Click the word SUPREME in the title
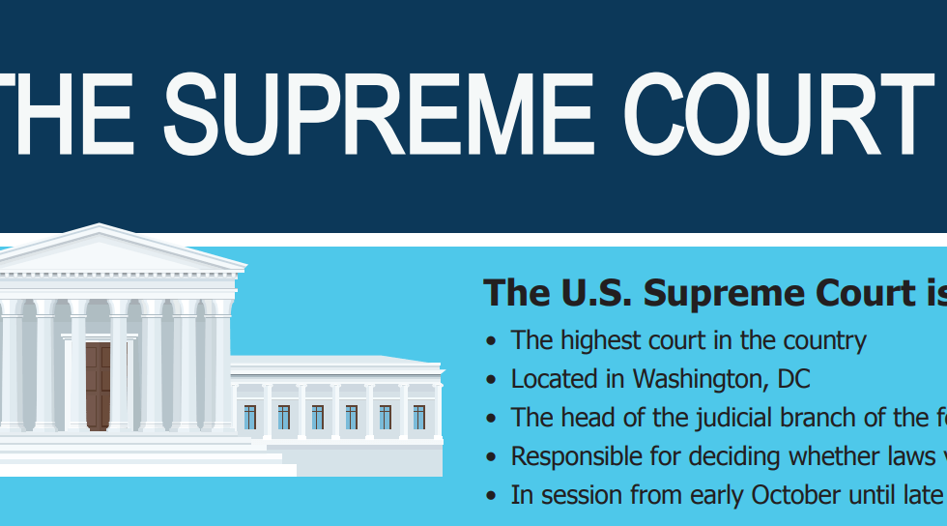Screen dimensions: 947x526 point(379,114)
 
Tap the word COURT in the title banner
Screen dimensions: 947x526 point(779,114)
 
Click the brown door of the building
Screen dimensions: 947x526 point(98,387)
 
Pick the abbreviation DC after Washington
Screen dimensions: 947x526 point(793,379)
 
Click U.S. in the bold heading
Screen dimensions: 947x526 point(596,293)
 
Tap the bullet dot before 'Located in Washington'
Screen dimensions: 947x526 point(491,380)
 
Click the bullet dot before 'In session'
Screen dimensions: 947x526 point(491,496)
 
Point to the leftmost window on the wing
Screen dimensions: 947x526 point(250,417)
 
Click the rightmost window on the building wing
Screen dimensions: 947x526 point(419,417)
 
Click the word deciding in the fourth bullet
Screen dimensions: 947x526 point(714,457)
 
